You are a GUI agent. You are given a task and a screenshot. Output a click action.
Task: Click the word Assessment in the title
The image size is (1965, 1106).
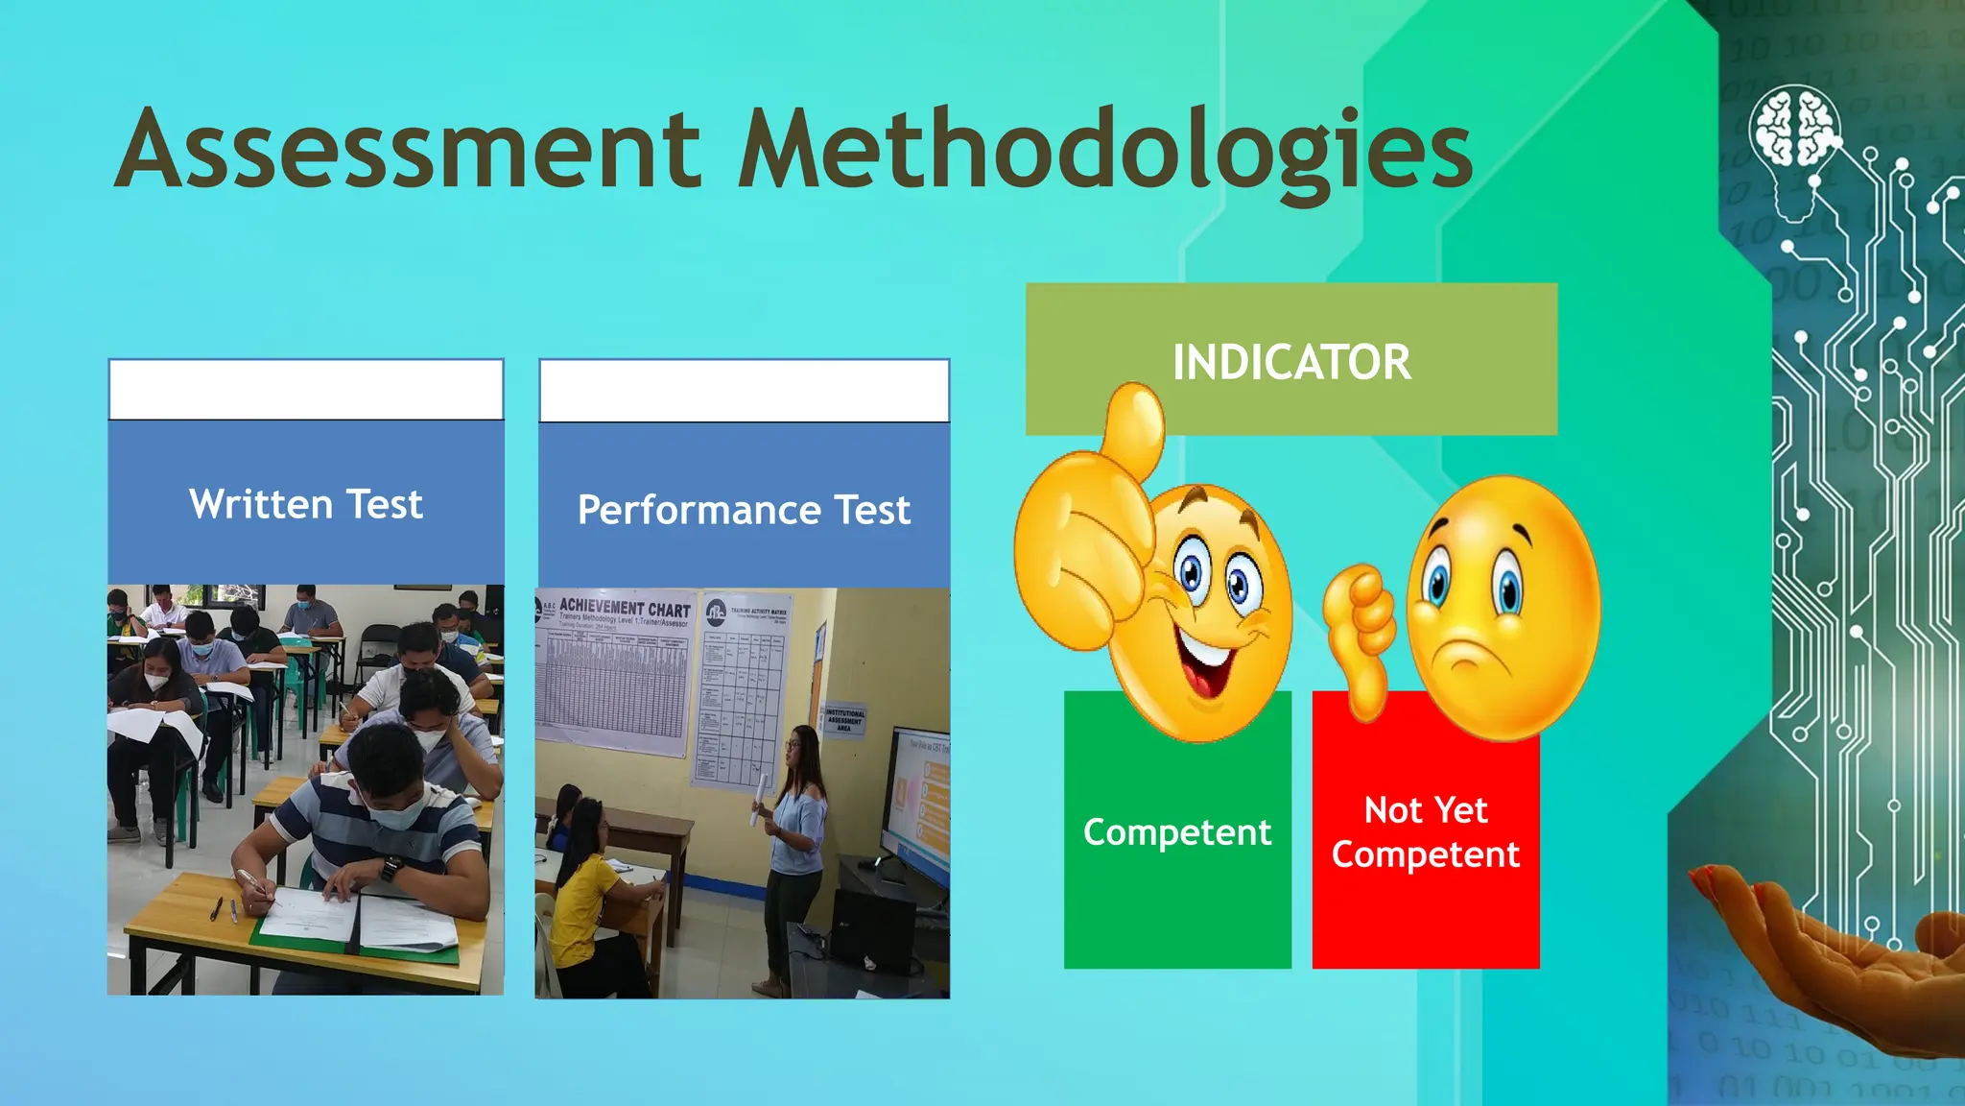click(408, 150)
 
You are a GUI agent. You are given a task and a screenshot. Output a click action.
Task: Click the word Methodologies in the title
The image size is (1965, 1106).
click(1103, 150)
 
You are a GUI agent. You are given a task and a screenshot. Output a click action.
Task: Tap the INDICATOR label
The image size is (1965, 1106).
click(1291, 362)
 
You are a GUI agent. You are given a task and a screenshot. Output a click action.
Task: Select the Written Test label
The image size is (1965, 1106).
click(305, 504)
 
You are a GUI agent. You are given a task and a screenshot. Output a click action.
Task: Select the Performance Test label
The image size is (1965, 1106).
click(744, 510)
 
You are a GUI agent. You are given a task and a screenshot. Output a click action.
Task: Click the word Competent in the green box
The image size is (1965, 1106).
click(1177, 832)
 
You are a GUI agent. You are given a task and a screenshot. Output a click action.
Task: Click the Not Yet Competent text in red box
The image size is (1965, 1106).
click(1426, 832)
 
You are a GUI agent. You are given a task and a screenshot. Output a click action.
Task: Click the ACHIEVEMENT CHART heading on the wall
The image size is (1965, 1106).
click(625, 608)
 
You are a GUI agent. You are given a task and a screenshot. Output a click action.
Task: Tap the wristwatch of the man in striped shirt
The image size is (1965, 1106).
click(391, 869)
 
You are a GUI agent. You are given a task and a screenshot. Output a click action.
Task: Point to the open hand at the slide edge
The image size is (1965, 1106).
click(1823, 950)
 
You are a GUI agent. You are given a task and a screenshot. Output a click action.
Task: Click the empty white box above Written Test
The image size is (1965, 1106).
click(305, 390)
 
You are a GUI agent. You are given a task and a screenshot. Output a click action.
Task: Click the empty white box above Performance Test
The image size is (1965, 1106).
click(744, 391)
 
